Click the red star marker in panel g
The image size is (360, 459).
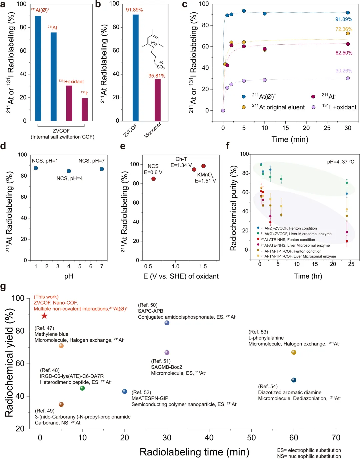coord(44,316)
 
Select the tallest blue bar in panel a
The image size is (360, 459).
coord(38,68)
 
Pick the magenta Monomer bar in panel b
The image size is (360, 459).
coord(158,100)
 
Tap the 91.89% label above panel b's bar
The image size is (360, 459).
coord(134,10)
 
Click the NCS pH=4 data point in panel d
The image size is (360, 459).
coord(69,171)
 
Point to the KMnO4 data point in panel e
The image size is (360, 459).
coord(203,166)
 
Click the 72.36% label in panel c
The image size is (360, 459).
coord(344,29)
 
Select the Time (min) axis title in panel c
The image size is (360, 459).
coord(290,139)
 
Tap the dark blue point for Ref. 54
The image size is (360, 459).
coord(294,380)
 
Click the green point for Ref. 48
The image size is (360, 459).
coord(82,388)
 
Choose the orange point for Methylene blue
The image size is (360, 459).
coord(61,346)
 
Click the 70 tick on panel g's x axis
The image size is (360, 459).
coord(336,438)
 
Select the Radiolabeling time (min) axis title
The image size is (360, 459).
coord(194,452)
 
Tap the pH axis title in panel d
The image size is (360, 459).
coord(69,276)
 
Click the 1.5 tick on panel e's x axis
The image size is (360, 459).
coord(203,266)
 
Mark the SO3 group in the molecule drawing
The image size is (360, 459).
coord(161,67)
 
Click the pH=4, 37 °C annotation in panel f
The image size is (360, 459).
coord(340,162)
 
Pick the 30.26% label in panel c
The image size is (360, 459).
coord(344,71)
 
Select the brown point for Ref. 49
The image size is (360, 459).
coord(61,404)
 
